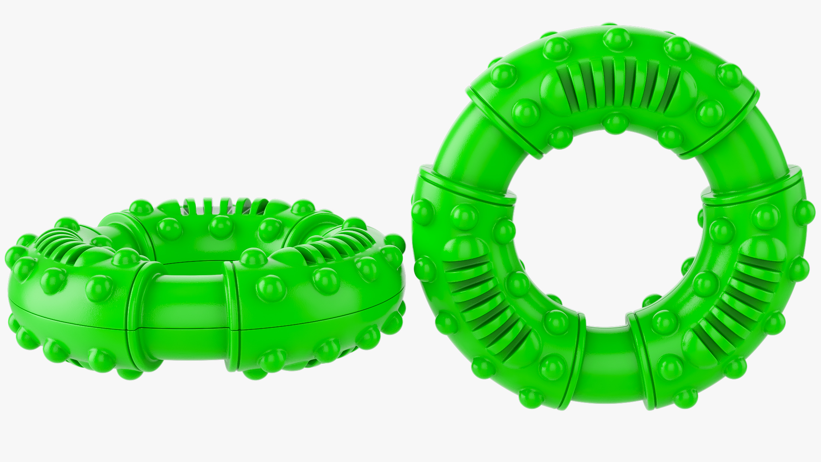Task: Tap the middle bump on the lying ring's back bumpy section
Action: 219,223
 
